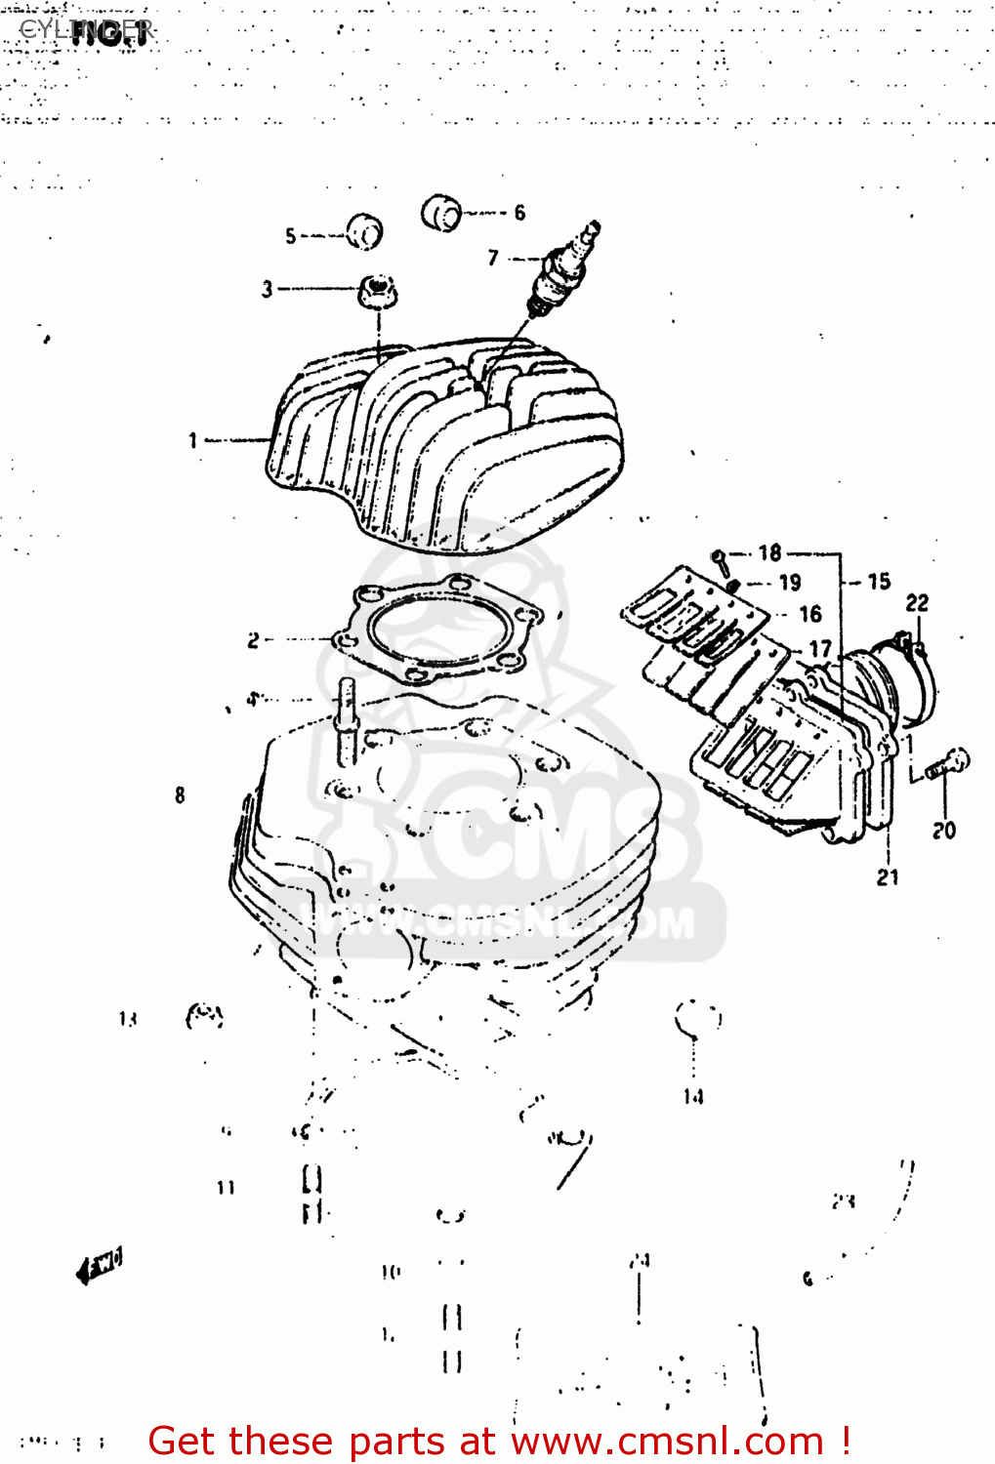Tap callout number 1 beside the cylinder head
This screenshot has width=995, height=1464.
click(x=193, y=441)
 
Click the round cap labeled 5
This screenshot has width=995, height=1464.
click(x=364, y=232)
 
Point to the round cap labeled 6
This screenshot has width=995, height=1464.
click(x=441, y=213)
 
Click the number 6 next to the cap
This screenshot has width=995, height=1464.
click(x=519, y=212)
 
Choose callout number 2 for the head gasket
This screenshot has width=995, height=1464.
click(x=253, y=640)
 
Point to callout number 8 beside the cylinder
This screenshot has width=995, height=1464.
click(x=180, y=795)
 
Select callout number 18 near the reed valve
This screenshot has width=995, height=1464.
click(x=770, y=553)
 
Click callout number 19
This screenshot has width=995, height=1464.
click(x=790, y=583)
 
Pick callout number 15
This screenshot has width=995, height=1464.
click(x=879, y=582)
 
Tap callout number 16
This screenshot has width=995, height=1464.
click(x=810, y=614)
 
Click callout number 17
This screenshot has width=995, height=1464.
click(x=820, y=648)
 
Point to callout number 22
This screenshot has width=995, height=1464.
click(x=917, y=603)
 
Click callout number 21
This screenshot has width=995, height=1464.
click(x=887, y=877)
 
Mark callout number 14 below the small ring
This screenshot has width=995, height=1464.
click(x=693, y=1097)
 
